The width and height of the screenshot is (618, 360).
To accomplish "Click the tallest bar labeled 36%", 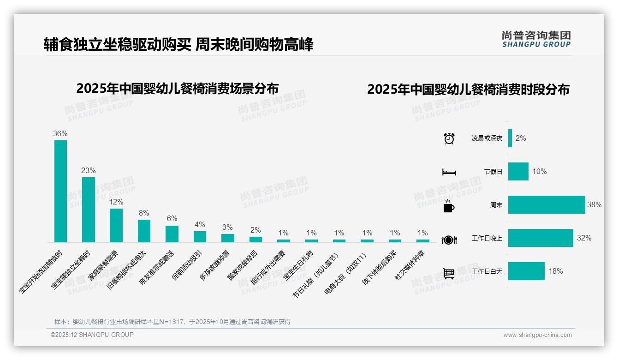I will click(x=60, y=191).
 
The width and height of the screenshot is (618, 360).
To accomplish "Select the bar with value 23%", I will click(x=89, y=210).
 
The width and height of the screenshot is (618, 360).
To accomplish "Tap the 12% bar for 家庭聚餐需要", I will click(x=116, y=225).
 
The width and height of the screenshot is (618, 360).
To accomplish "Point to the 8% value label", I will click(x=144, y=213).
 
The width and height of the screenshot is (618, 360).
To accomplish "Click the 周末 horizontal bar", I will click(x=547, y=204).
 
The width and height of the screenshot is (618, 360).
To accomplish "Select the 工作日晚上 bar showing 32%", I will click(x=541, y=238).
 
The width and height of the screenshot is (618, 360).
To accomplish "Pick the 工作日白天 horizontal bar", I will click(x=526, y=271).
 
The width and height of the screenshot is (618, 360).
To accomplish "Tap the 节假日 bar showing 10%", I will click(x=518, y=171).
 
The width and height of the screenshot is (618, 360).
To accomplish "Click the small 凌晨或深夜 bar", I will click(x=510, y=138).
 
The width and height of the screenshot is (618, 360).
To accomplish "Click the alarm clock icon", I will click(x=449, y=138).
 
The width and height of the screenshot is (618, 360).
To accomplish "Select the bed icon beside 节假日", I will click(x=449, y=172).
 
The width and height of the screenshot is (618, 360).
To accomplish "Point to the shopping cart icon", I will click(x=449, y=273).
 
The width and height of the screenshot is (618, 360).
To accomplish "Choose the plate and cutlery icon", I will click(x=449, y=240).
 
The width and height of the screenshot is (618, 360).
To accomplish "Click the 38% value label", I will click(x=594, y=204).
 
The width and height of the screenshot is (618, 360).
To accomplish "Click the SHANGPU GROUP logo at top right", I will click(x=536, y=39).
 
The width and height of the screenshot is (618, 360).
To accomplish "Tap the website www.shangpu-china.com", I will click(x=537, y=335).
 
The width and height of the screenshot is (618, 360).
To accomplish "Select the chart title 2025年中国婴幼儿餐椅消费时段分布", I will click(x=468, y=90).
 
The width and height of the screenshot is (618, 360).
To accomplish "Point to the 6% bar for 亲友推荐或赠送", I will click(x=172, y=234).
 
